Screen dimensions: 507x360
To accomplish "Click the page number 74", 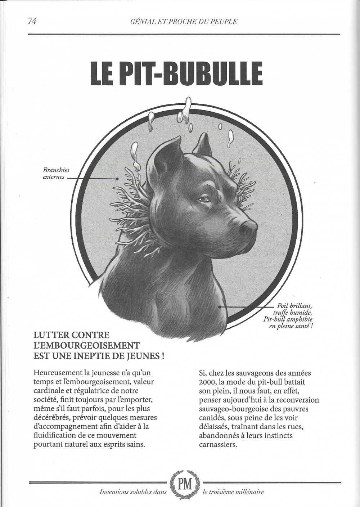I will click(x=32, y=21).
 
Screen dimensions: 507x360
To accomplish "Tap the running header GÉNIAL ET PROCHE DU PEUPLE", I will click(x=183, y=22).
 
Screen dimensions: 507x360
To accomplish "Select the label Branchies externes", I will click(x=56, y=173).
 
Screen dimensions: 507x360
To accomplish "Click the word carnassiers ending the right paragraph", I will click(x=218, y=444).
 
